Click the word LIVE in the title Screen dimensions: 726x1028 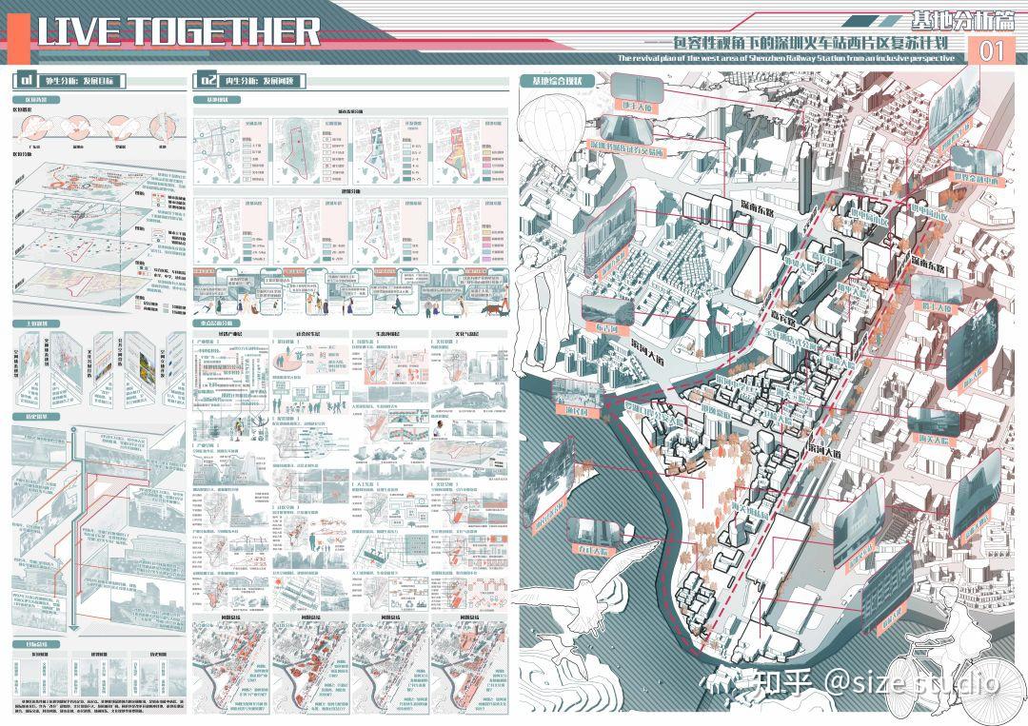80,31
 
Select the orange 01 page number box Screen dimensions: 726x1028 992,52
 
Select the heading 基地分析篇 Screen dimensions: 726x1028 956,19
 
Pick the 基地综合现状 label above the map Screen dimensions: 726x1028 557,80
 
